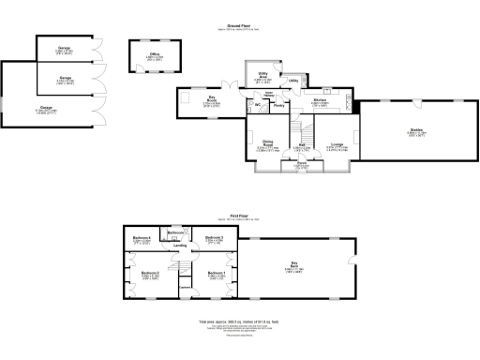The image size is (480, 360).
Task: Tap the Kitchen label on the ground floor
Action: click(x=319, y=98)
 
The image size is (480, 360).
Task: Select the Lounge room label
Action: click(x=336, y=143)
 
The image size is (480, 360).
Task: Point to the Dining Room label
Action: click(x=267, y=143)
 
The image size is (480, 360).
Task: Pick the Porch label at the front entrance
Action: click(x=302, y=163)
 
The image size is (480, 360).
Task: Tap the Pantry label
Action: click(x=279, y=105)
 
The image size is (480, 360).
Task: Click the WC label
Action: click(x=257, y=104)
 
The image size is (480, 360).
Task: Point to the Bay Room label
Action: click(x=213, y=98)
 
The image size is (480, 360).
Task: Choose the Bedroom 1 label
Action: click(x=216, y=273)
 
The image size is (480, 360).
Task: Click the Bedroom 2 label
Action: click(x=151, y=273)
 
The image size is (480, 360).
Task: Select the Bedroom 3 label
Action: click(x=214, y=238)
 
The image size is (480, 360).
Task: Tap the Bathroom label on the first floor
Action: click(x=176, y=232)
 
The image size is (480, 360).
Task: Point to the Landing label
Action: click(x=179, y=246)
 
